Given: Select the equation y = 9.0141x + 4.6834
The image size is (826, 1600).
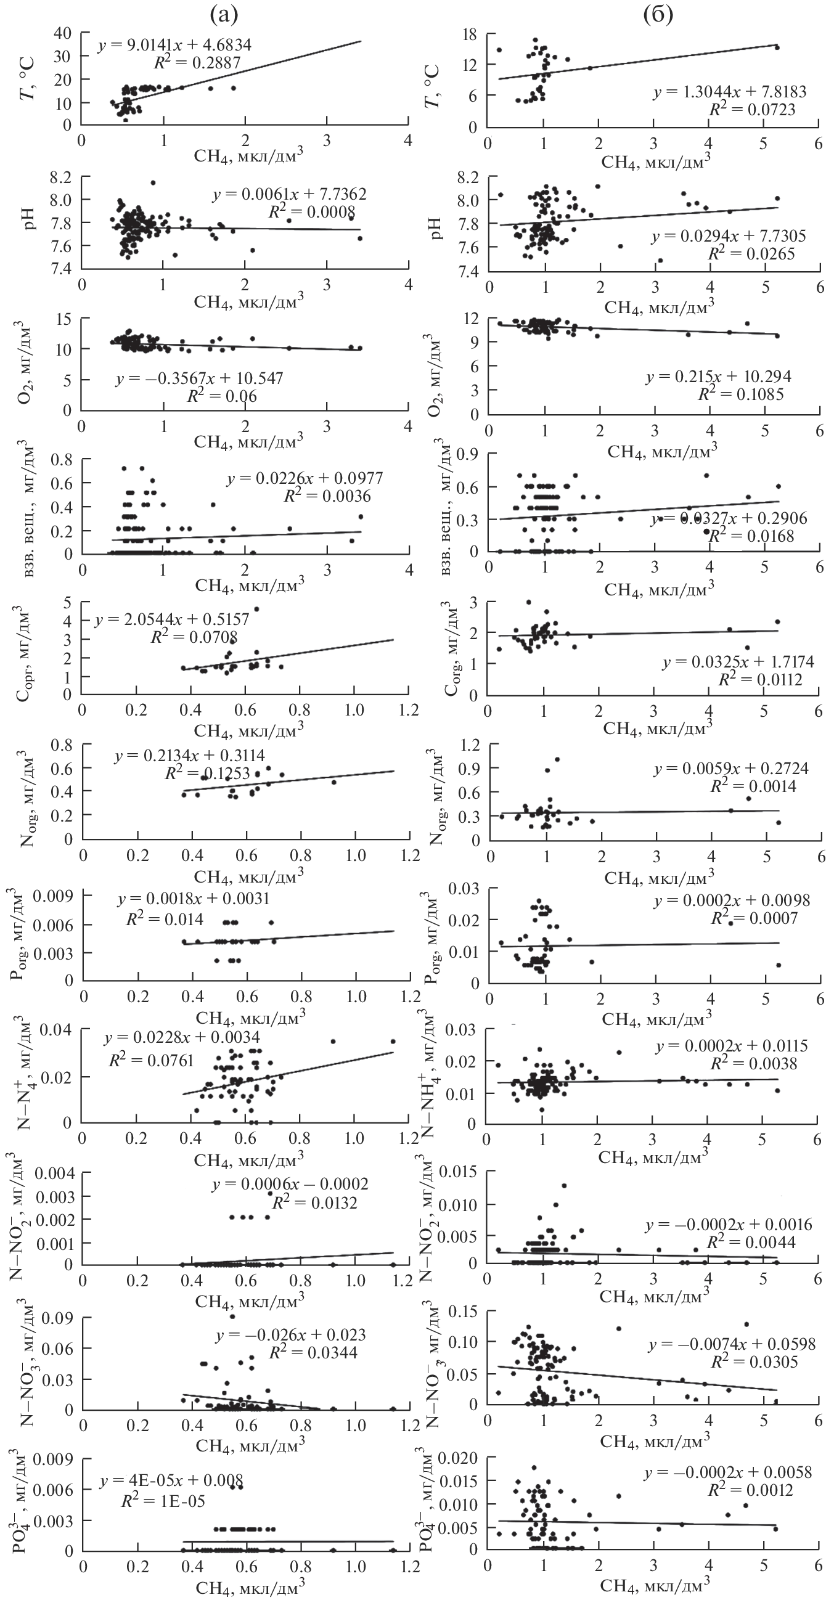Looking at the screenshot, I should pos(174,46).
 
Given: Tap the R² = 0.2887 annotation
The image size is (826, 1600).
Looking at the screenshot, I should pos(197,62).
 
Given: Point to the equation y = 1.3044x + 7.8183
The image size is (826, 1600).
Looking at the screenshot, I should pos(729,92).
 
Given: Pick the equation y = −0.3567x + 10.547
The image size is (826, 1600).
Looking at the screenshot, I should pos(198,379).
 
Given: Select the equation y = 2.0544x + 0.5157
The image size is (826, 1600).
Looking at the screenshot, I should pos(172,619).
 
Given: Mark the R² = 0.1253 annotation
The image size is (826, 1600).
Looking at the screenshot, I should pos(208,773).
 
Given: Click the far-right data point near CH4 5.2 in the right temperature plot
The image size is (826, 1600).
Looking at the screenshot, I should pos(777,47).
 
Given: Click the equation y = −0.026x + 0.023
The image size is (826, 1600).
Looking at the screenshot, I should pos(291,1335).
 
